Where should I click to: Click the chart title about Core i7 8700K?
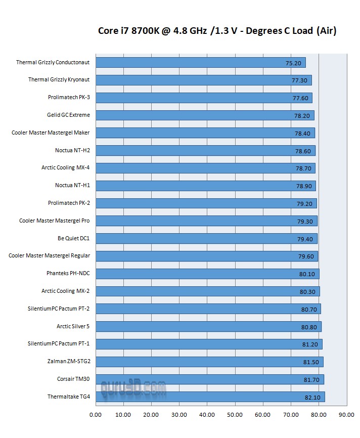[x=217, y=31]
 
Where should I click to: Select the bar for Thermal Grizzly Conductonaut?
[x=200, y=63]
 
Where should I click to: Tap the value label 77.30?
[x=299, y=80]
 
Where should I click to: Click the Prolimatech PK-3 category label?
[x=69, y=98]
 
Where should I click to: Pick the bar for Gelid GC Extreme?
[x=204, y=115]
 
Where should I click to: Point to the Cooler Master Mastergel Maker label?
[x=51, y=133]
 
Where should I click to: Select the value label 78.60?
[x=303, y=151]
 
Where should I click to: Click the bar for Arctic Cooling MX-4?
[x=205, y=168]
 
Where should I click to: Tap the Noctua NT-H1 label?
[x=72, y=185]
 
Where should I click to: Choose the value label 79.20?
[x=304, y=204]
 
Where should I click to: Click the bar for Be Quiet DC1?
[x=206, y=238]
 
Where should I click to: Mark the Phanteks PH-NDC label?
[x=68, y=273]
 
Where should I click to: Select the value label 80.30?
[x=307, y=292]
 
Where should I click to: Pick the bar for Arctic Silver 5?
[x=208, y=326]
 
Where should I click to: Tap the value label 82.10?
[x=312, y=398]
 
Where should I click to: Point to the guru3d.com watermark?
[x=133, y=388]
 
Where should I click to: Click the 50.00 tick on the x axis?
[x=235, y=415]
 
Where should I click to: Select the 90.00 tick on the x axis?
[x=347, y=415]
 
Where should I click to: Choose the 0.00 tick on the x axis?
[x=96, y=415]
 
